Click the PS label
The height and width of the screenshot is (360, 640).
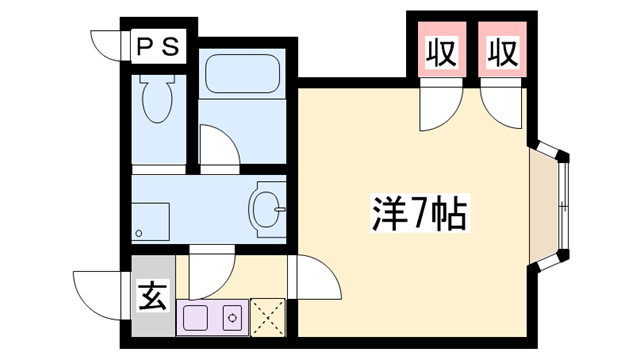pyautogui.click(x=158, y=47)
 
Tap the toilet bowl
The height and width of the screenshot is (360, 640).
pyautogui.click(x=157, y=99)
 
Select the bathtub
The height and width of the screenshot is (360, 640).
pyautogui.click(x=242, y=74)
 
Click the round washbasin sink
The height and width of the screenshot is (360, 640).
pyautogui.click(x=267, y=209)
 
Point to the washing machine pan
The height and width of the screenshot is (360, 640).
pyautogui.click(x=150, y=222)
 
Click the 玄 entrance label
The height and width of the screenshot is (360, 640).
pyautogui.click(x=153, y=296)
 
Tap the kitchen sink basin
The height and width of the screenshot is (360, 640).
pyautogui.click(x=196, y=318)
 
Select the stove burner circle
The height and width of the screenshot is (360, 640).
pyautogui.click(x=232, y=318)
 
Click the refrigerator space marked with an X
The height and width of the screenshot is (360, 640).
pyautogui.click(x=267, y=318)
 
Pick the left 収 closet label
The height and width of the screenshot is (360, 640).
pyautogui.click(x=442, y=52)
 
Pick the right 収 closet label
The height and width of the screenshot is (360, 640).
pyautogui.click(x=503, y=52)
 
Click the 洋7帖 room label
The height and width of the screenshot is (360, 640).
pyautogui.click(x=420, y=213)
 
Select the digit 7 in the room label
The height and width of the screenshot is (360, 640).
pyautogui.click(x=419, y=213)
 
